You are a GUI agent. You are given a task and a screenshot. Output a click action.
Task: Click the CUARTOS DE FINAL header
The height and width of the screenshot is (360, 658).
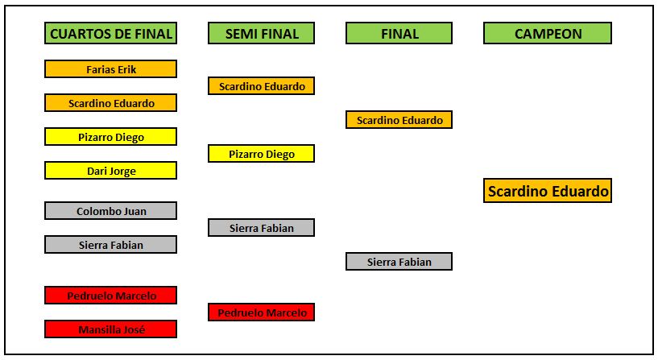(111, 33)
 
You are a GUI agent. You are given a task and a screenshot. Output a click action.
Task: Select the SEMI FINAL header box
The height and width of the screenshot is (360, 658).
(262, 33)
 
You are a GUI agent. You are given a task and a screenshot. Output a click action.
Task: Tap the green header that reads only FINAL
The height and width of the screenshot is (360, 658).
(399, 33)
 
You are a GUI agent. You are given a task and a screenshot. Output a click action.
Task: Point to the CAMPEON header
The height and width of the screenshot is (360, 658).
(548, 33)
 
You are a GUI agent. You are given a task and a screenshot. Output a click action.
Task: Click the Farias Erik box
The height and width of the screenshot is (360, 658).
(111, 69)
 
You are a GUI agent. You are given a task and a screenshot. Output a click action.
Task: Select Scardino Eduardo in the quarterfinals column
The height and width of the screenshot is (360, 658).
(111, 103)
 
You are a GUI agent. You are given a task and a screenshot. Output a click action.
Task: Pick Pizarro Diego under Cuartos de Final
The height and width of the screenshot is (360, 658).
(111, 137)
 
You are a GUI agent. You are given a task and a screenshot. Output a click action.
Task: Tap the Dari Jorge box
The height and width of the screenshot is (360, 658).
(111, 171)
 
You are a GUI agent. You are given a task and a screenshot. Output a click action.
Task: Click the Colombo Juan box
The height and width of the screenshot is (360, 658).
(111, 211)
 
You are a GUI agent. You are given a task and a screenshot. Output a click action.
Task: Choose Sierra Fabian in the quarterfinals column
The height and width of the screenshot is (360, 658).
(111, 245)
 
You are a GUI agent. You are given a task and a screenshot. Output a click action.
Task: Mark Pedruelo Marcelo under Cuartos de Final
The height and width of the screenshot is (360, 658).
(111, 296)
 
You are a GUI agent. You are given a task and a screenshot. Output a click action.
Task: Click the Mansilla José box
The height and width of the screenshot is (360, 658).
(111, 329)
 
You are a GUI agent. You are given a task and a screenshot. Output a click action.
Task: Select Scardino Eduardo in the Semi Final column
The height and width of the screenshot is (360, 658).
(262, 86)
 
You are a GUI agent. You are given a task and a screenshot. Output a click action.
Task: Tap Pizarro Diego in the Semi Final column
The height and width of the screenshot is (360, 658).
(262, 154)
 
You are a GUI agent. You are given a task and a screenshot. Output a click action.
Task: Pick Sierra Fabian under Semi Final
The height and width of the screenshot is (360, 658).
(262, 228)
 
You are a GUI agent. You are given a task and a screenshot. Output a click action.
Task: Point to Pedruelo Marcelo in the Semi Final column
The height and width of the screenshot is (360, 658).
(262, 312)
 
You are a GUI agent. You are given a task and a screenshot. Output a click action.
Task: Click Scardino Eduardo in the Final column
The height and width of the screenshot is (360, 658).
(399, 119)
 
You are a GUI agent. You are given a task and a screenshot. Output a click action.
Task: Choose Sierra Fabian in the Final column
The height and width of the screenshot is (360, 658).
(399, 262)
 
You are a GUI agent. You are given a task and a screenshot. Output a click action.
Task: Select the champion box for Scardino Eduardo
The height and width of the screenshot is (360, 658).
(548, 191)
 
